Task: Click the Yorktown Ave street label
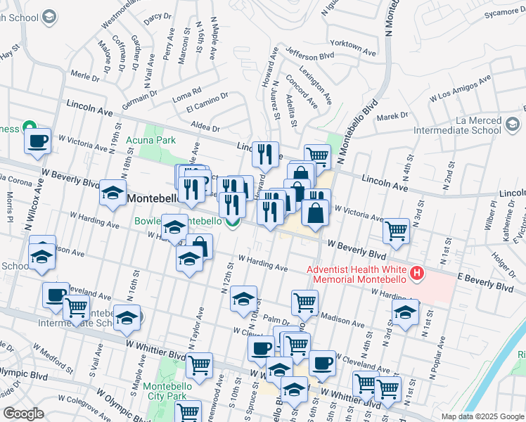click(356, 47)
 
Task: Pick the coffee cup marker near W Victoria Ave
click(38, 141)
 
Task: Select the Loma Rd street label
click(187, 91)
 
